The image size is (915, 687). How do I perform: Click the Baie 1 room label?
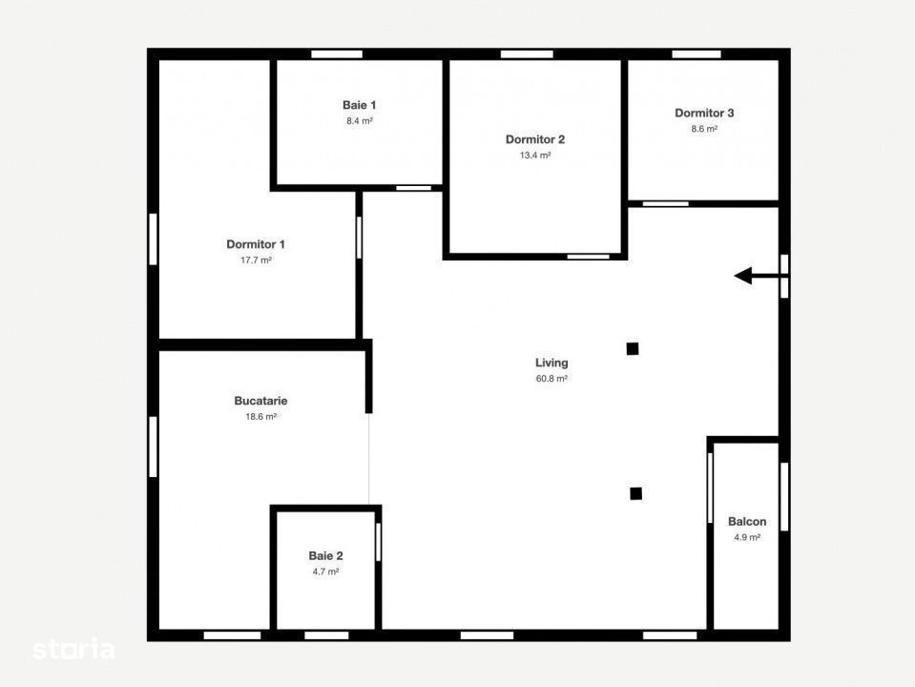tap(359, 105)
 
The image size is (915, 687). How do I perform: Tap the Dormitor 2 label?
tap(535, 139)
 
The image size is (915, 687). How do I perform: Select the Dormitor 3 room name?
tap(704, 114)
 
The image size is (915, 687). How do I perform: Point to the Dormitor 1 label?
tap(256, 244)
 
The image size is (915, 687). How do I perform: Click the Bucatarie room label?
tap(260, 401)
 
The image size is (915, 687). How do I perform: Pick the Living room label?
tap(551, 363)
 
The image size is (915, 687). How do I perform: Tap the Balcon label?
tap(747, 522)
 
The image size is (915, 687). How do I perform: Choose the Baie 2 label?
tap(325, 555)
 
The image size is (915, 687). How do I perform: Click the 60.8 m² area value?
tap(551, 378)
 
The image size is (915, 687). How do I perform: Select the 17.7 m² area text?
tap(256, 260)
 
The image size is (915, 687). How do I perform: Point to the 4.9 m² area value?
tap(747, 537)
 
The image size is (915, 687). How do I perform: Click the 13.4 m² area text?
tap(535, 156)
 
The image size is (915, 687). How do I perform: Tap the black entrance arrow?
tap(758, 276)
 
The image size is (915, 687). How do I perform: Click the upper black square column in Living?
tap(633, 349)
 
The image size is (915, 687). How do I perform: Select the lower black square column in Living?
tap(636, 494)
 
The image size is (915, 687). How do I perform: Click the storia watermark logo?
tap(73, 649)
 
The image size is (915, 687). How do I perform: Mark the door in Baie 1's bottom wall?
tap(414, 188)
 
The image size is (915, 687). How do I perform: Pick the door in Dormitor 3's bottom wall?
tap(666, 203)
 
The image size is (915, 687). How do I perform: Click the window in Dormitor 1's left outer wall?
tap(153, 239)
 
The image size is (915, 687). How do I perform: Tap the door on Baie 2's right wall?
tap(378, 542)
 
